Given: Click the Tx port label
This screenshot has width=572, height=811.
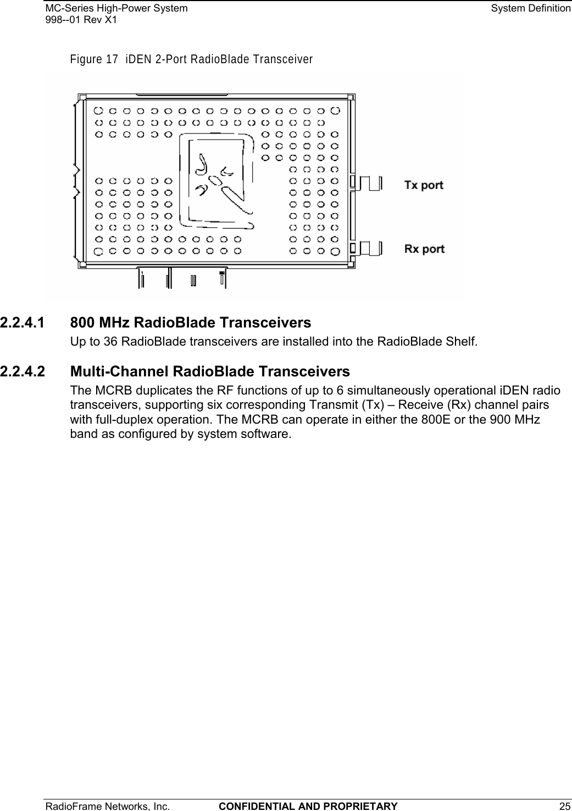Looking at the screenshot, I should point(424,185).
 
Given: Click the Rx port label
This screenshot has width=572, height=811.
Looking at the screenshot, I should point(424,249).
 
